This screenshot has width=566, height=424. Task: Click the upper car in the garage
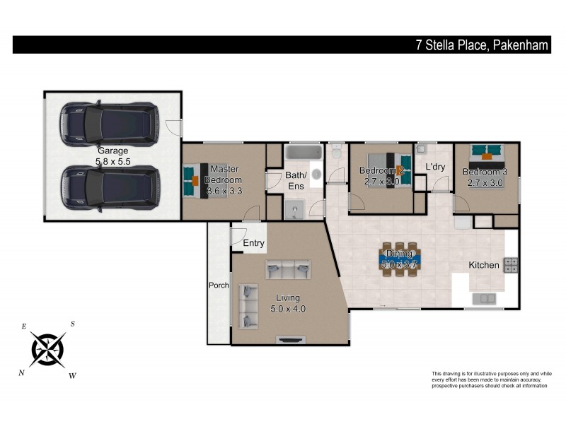point(109,124)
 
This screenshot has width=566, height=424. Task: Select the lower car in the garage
point(109,187)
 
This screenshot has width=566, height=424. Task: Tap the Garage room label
point(113,151)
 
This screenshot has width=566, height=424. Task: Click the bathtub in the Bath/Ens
point(303,152)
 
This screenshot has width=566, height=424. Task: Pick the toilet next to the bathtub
point(337,152)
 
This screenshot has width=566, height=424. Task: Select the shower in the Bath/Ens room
point(296,208)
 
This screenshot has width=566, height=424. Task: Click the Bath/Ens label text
point(296,180)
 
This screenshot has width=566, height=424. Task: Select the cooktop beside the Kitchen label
point(510,265)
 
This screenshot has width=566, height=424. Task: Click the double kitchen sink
point(485,298)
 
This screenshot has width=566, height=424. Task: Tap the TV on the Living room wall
point(290,340)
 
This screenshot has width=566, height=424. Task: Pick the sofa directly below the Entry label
point(287,269)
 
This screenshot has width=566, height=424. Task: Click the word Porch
point(218,285)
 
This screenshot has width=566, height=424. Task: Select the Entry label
point(253,243)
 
